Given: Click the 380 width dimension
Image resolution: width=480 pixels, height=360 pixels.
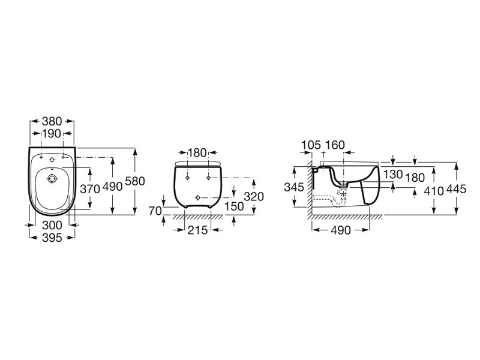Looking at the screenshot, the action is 52,122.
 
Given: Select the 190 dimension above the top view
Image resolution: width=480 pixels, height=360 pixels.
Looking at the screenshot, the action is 52,133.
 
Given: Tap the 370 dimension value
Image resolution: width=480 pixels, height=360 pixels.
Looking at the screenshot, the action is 90,189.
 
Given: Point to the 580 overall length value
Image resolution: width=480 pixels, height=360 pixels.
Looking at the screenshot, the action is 135,181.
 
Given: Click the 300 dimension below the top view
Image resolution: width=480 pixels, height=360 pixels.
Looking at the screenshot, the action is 52,226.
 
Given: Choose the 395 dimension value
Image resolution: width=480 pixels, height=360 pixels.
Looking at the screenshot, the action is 52,238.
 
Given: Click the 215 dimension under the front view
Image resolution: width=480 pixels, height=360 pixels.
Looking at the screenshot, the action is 197,230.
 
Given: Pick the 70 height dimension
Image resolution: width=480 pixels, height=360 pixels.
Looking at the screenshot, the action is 155,211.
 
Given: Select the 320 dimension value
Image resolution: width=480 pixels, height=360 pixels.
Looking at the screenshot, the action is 254,197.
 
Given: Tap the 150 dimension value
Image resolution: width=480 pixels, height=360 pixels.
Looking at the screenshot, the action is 234,206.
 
